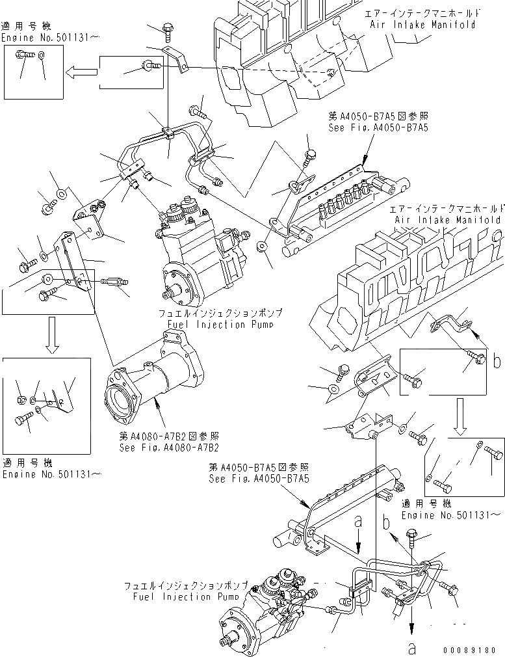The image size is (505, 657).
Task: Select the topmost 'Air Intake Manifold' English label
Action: point(422,25)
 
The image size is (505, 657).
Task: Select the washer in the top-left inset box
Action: point(41,56)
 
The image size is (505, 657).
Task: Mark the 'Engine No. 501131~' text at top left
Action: point(50,38)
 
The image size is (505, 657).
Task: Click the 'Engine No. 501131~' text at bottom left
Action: point(50,475)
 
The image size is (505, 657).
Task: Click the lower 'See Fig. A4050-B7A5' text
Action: point(259,478)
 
